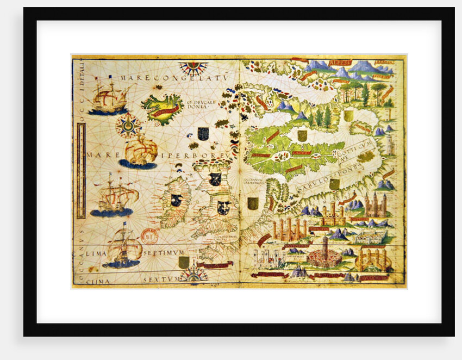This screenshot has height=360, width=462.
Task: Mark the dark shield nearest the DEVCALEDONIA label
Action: pyautogui.click(x=203, y=133)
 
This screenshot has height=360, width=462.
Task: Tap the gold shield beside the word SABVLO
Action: pyautogui.click(x=334, y=184)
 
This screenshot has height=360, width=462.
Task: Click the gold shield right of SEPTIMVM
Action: pyautogui.click(x=184, y=262)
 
